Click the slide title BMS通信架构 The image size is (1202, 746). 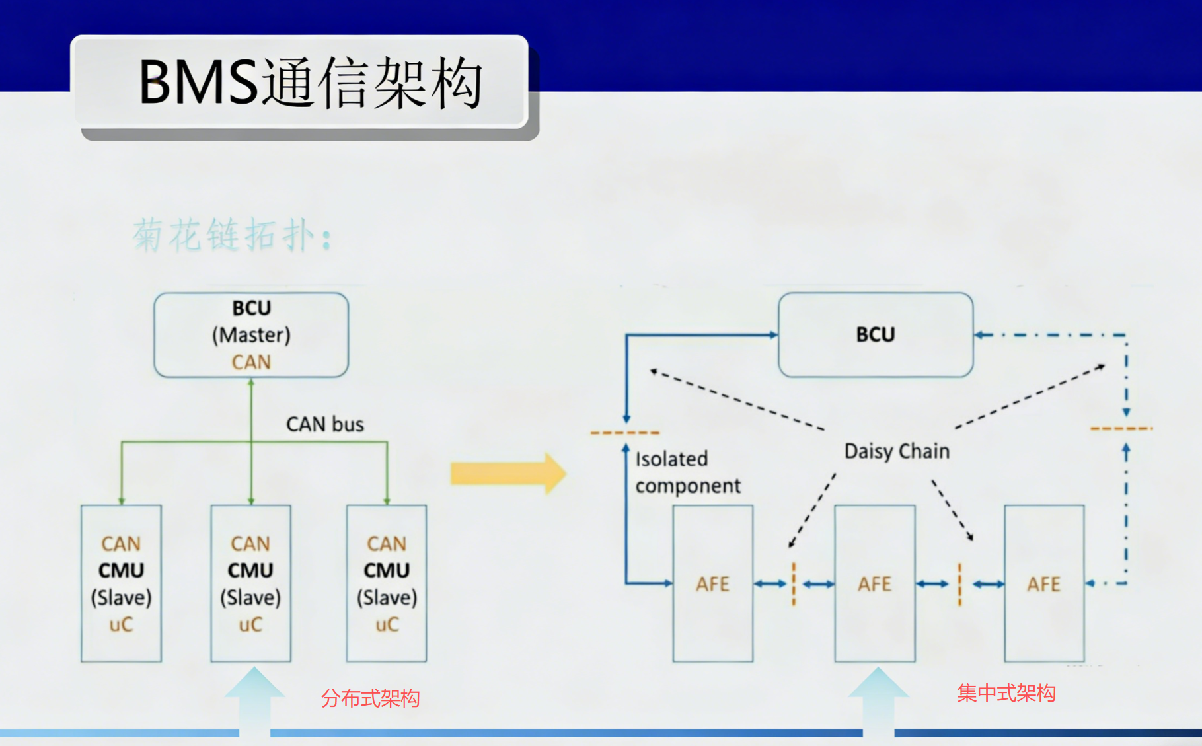[311, 83]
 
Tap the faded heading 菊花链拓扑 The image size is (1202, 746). [231, 235]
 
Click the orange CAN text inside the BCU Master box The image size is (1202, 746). [251, 362]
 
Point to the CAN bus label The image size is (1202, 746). [324, 424]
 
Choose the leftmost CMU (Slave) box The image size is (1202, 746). [121, 583]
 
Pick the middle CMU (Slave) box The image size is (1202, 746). [250, 583]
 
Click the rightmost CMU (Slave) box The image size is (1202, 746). [387, 583]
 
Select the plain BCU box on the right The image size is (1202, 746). [875, 334]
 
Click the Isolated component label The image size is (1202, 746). [687, 472]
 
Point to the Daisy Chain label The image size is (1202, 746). [897, 451]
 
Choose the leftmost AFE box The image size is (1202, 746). [712, 583]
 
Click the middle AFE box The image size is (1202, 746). [874, 583]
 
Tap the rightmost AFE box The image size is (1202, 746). [1043, 583]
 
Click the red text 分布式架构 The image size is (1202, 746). [370, 698]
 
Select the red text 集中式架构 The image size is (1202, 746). [1006, 693]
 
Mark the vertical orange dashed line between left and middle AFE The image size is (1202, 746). [794, 584]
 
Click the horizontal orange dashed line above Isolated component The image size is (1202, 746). [624, 433]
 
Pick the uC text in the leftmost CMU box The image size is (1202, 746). [121, 624]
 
